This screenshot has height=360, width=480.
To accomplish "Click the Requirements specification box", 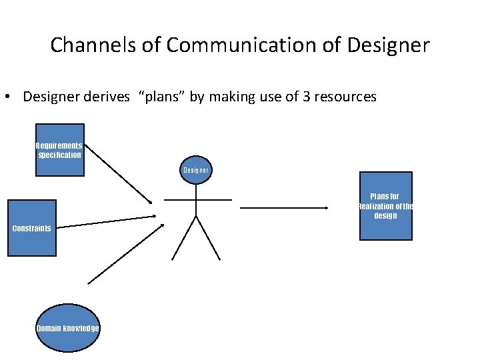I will (60, 150).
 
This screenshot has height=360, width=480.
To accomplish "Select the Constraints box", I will (32, 228).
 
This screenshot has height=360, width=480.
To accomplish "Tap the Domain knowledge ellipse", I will (67, 328).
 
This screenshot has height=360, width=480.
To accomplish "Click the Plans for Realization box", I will (386, 206).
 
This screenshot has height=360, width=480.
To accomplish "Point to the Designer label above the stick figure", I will (196, 170).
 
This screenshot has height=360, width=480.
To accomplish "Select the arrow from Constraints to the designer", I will (107, 221).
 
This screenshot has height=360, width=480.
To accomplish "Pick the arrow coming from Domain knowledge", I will (125, 253).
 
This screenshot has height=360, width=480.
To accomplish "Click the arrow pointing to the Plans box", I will (284, 208).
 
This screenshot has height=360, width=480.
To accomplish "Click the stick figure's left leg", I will (184, 237).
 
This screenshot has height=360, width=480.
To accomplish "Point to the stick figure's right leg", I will (208, 237).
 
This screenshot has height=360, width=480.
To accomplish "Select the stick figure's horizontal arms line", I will (198, 199).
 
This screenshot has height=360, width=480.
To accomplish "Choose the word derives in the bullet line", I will (109, 97).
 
